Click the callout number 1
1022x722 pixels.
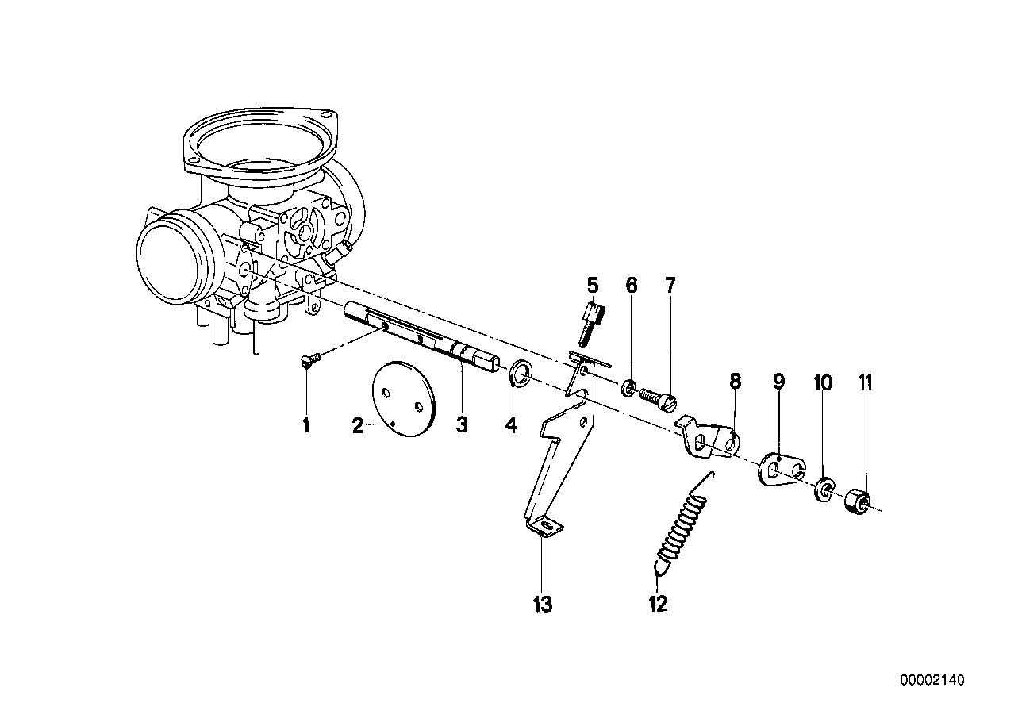pyautogui.click(x=305, y=425)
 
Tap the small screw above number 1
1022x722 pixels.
pyautogui.click(x=309, y=361)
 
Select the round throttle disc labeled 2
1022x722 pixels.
pyautogui.click(x=404, y=400)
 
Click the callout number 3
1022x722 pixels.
pyautogui.click(x=462, y=425)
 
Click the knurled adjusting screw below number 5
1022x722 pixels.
pyautogui.click(x=591, y=321)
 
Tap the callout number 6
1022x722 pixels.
pyautogui.click(x=632, y=286)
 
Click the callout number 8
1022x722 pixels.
pyautogui.click(x=736, y=382)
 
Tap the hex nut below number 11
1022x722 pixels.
pyautogui.click(x=857, y=501)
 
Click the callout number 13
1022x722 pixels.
pyautogui.click(x=542, y=605)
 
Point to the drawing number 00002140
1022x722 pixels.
pyautogui.click(x=932, y=681)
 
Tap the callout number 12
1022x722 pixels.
pyautogui.click(x=658, y=605)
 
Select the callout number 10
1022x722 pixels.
pyautogui.click(x=823, y=384)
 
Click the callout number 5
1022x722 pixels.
pyautogui.click(x=593, y=285)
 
